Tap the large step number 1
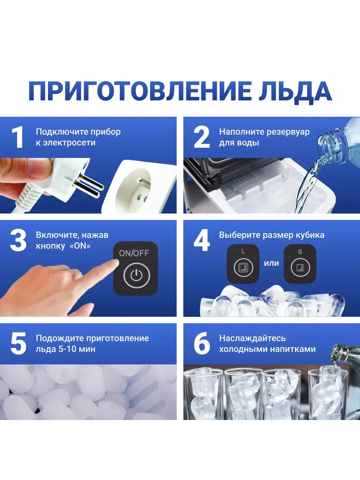[x=18, y=137]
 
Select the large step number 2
[x=202, y=137]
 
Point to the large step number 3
[x=18, y=240]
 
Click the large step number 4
[x=202, y=240]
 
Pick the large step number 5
[x=18, y=344]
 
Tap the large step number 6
[x=202, y=344]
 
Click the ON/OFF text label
[x=134, y=253]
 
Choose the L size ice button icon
[x=243, y=267]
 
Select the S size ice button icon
[x=300, y=267]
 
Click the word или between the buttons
[x=272, y=263]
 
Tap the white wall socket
[x=140, y=187]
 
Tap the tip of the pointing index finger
[x=116, y=263]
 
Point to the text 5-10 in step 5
[x=66, y=349]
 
